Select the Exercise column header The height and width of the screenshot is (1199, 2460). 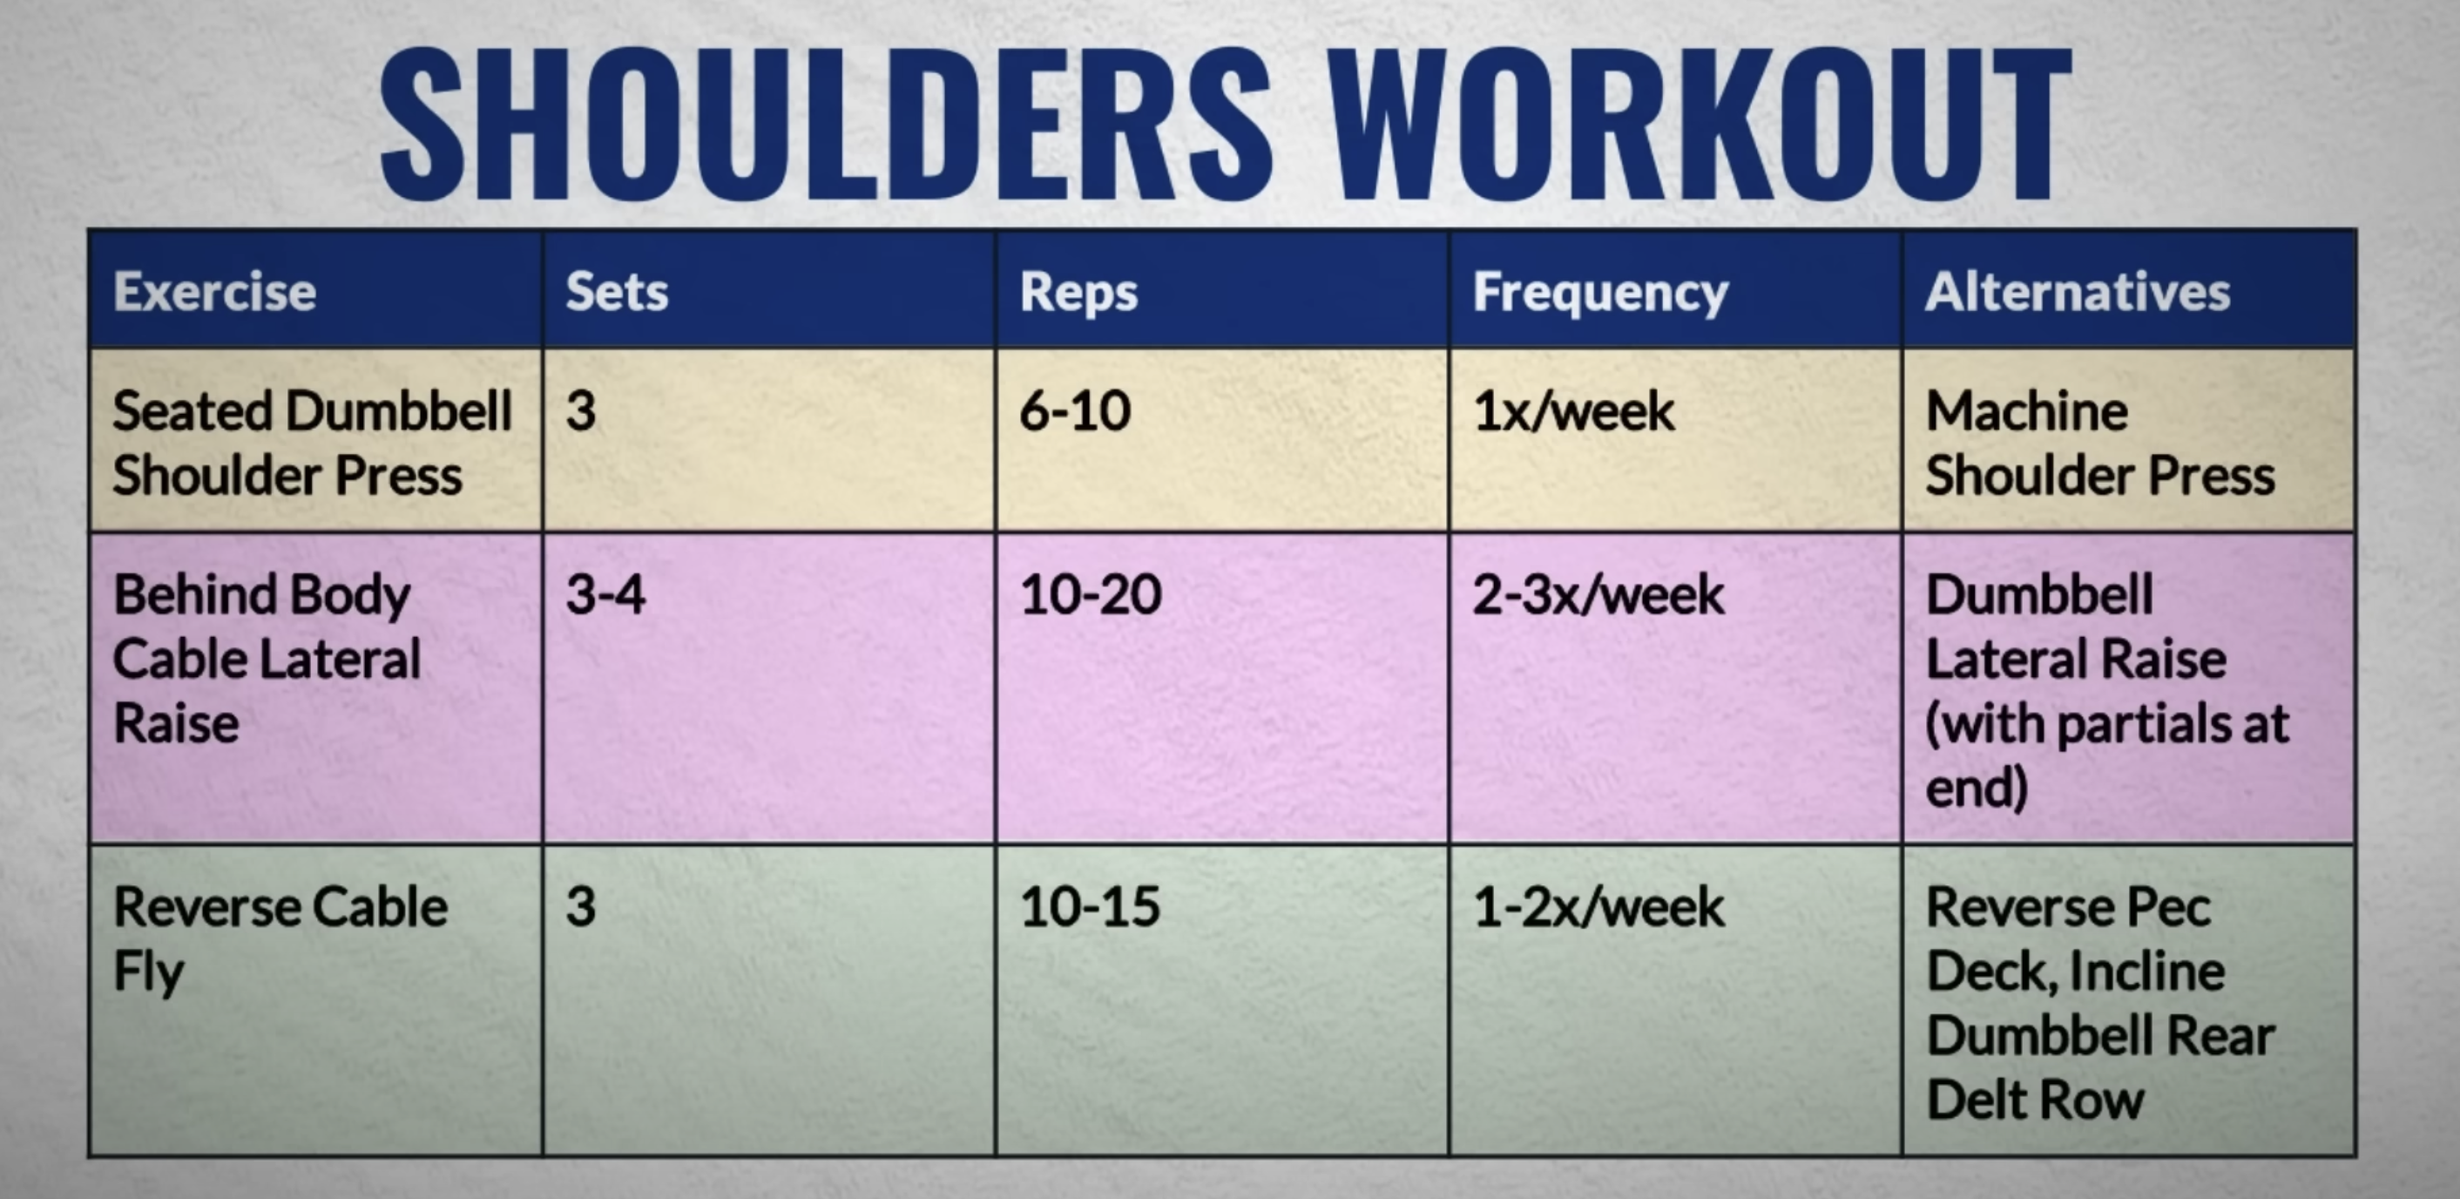tap(215, 291)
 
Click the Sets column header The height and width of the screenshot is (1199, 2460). tap(617, 291)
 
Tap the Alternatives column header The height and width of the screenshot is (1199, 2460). tap(2078, 291)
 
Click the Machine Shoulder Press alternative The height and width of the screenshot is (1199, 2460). tap(2100, 444)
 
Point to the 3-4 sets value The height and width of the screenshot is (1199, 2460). tap(605, 594)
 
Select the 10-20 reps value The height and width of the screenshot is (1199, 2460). tap(1091, 594)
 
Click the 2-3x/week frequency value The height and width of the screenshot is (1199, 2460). tap(1598, 594)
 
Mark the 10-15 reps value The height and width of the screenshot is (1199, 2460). tap(1090, 906)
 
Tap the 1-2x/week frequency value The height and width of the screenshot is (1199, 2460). tap(1598, 906)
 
